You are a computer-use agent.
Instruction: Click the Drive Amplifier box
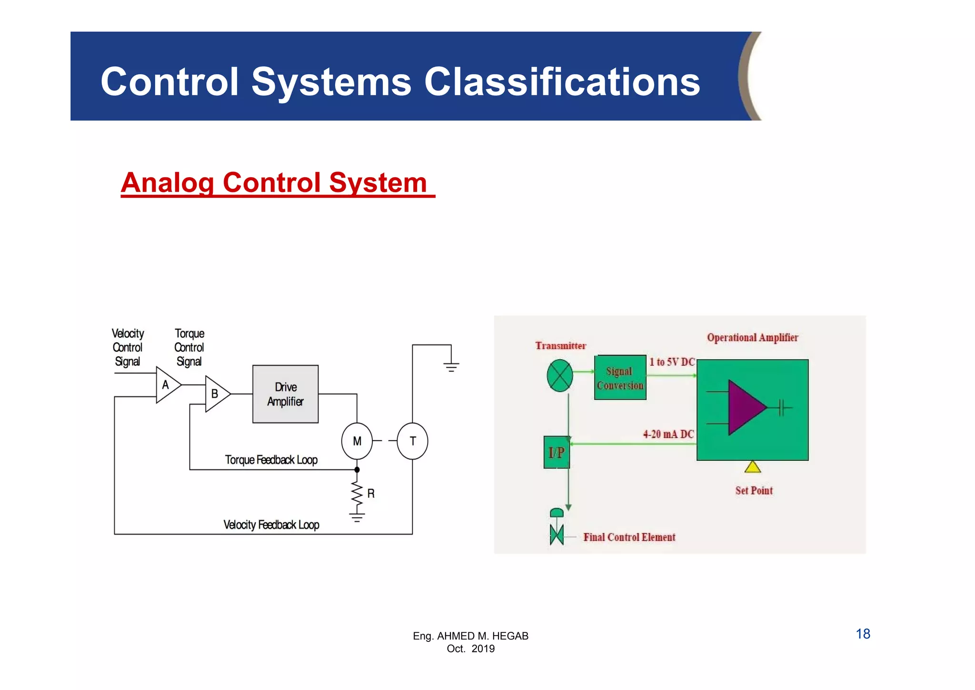click(285, 394)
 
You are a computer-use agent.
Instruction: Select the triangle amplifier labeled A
click(167, 385)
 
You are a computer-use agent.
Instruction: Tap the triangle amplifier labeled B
click(216, 394)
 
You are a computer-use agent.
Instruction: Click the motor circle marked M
click(357, 441)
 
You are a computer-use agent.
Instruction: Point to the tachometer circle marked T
click(412, 441)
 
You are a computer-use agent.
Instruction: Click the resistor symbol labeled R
click(357, 494)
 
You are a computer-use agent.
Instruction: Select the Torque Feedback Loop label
click(271, 460)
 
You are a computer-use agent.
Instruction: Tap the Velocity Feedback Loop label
click(271, 525)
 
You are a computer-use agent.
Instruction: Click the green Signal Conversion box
click(620, 378)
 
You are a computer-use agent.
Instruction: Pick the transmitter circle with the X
click(560, 376)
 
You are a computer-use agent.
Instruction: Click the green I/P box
click(557, 452)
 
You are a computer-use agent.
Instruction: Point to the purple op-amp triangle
click(745, 407)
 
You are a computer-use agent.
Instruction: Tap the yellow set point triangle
click(752, 467)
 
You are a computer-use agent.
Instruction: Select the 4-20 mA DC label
click(668, 434)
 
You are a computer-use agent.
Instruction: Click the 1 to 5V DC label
click(672, 362)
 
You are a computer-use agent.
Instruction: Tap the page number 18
click(863, 634)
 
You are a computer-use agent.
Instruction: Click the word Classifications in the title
click(562, 81)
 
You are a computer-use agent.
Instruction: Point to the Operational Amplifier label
click(752, 338)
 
